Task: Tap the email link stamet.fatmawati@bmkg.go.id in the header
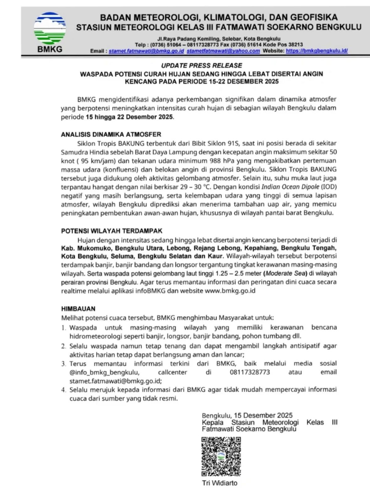click(146, 51)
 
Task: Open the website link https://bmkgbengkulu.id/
click(317, 51)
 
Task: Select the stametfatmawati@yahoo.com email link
click(223, 51)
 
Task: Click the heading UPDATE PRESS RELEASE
click(201, 65)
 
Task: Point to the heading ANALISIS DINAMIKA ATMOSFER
click(111, 135)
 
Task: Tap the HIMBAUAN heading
click(78, 309)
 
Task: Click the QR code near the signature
click(221, 456)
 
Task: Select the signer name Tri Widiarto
click(220, 483)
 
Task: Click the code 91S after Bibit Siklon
click(233, 144)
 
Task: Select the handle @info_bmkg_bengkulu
click(104, 372)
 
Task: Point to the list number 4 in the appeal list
click(64, 390)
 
